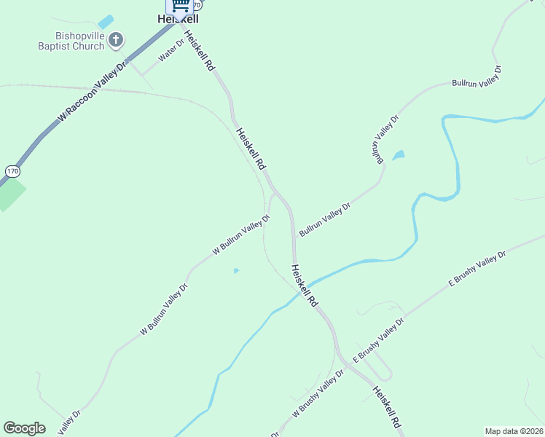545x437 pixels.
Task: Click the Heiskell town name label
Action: [178, 20]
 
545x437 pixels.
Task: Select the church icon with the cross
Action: [116, 40]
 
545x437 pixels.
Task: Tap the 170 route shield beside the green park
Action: [12, 171]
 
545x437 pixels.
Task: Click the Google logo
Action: [24, 428]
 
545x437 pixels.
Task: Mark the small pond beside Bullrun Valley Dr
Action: [398, 155]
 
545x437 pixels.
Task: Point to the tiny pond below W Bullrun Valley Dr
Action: [235, 271]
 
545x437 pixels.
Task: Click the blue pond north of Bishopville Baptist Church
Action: [106, 22]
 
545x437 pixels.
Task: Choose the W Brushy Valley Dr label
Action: [318, 393]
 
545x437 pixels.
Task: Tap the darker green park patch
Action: [9, 193]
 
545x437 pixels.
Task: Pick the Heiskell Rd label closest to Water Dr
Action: [199, 50]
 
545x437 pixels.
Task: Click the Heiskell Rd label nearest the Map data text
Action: [387, 406]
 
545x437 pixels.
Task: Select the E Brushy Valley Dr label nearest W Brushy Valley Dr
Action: [378, 340]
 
